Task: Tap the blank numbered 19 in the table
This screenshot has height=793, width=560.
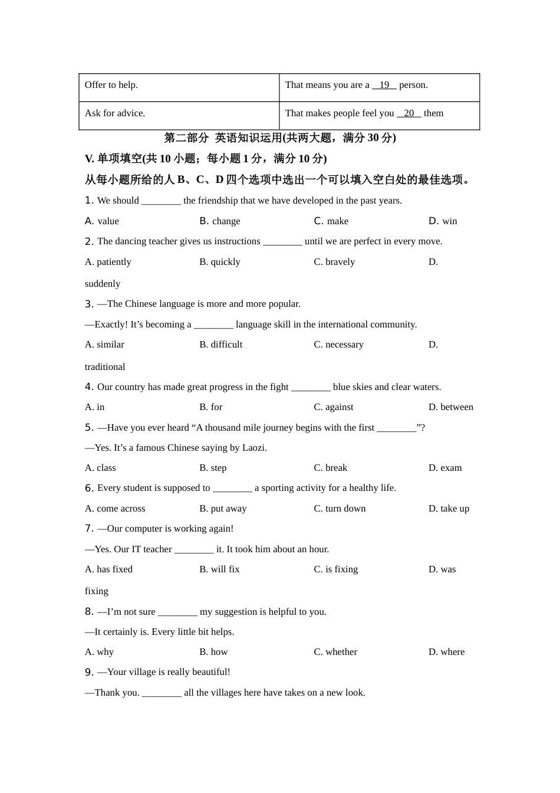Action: tap(384, 85)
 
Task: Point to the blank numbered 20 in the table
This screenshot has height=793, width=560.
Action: tap(409, 113)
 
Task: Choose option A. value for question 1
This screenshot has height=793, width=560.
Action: tap(102, 221)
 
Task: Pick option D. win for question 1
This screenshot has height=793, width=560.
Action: tap(443, 221)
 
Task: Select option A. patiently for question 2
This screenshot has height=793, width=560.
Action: tap(108, 262)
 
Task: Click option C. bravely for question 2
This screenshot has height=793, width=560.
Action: tap(334, 262)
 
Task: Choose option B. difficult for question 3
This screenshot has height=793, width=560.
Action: tap(221, 345)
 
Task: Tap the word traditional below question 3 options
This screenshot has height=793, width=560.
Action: tap(105, 367)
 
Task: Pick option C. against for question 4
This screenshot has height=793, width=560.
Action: tap(334, 407)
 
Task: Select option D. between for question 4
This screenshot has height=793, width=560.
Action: tap(451, 407)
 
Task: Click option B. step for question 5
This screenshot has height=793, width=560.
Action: tap(213, 468)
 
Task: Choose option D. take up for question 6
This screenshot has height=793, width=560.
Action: tap(449, 509)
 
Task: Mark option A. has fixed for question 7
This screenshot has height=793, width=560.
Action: tap(108, 569)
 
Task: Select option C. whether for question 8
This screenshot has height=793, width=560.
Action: tap(335, 652)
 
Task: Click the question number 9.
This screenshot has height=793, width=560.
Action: tap(89, 673)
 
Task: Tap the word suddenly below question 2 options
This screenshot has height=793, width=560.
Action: tap(103, 284)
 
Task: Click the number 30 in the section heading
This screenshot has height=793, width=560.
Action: tap(373, 138)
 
